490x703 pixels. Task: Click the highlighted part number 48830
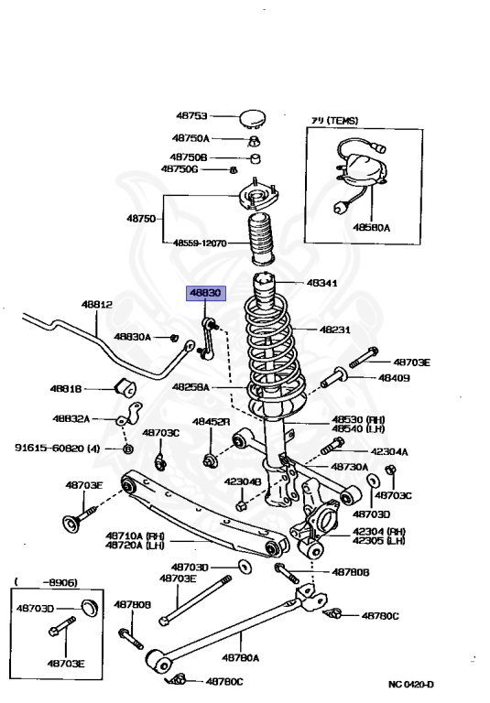205,294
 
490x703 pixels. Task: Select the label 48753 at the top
192,116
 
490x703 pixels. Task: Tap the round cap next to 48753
252,116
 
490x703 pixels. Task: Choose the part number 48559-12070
201,243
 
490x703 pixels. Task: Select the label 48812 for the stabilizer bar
96,304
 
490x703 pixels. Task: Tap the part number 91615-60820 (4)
57,449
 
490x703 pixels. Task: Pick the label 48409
395,377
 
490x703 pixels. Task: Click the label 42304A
390,451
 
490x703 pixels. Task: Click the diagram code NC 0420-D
411,685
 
